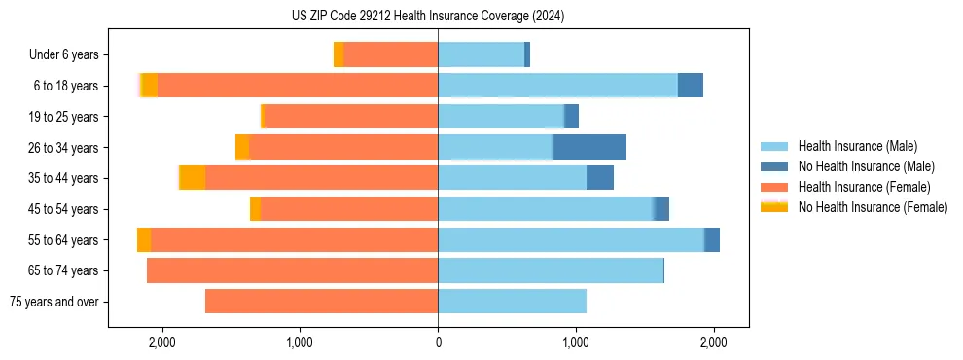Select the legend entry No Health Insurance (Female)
click(873, 207)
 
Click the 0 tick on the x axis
click(438, 342)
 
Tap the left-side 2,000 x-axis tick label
click(161, 342)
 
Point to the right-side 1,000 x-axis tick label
click(576, 342)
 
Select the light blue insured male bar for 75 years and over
click(512, 302)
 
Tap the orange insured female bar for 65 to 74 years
click(292, 270)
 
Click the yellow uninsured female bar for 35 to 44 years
click(193, 178)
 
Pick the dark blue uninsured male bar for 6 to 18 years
click(691, 86)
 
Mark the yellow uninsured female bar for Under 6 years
click(339, 54)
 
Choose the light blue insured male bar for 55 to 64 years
click(570, 239)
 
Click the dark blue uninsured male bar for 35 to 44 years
click(600, 178)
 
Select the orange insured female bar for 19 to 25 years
click(351, 117)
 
